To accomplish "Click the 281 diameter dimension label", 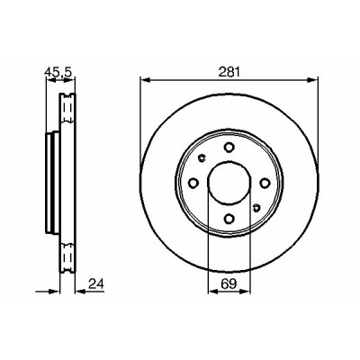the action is (x=229, y=73).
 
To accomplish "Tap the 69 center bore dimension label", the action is (x=229, y=283).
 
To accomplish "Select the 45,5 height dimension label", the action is (x=58, y=72).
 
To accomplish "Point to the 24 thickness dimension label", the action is (x=96, y=283).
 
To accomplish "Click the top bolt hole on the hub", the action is (x=229, y=147).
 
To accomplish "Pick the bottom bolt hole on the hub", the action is (x=229, y=219).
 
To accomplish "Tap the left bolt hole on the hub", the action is (x=193, y=183).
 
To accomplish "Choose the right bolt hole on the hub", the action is (x=265, y=183).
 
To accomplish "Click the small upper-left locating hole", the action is (x=202, y=157).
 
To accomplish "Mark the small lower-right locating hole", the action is (x=256, y=208).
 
